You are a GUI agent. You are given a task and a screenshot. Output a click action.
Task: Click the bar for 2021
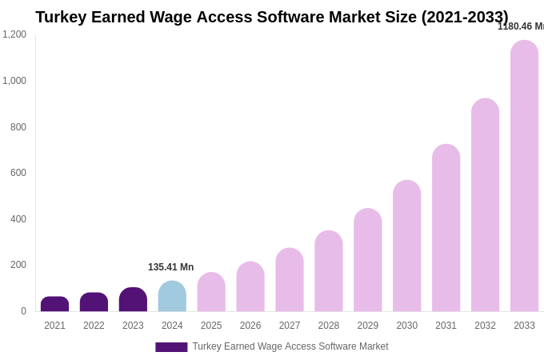(x=54, y=304)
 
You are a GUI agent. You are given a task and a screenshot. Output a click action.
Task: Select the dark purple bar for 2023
(x=133, y=299)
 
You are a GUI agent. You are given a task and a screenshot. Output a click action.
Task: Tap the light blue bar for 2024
(x=172, y=296)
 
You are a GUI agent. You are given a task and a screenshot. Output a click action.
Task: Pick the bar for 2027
(x=290, y=280)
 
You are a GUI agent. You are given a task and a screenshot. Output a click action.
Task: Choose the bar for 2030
(x=406, y=246)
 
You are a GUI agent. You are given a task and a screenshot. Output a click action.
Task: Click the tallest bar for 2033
(x=524, y=176)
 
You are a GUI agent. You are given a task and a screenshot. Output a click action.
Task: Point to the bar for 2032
(x=485, y=205)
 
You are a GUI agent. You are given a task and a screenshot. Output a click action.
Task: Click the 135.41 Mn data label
(x=170, y=267)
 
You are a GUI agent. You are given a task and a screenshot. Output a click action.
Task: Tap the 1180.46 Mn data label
(x=520, y=26)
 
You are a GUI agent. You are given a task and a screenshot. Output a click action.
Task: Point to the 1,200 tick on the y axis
(x=14, y=34)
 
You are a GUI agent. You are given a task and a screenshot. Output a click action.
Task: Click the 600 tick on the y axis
(x=18, y=173)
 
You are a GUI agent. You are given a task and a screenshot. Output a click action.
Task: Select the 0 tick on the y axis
(x=23, y=311)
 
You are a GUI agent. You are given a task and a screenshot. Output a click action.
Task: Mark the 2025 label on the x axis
(x=211, y=326)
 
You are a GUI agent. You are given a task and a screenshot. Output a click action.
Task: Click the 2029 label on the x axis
(x=368, y=326)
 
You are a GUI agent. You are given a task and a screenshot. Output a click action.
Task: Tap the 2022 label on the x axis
(x=94, y=326)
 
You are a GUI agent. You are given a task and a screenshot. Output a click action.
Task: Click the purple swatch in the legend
(x=171, y=347)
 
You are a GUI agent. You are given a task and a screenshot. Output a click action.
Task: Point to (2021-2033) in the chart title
(x=465, y=17)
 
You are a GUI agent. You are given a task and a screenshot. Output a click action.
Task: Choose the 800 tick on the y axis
(x=18, y=127)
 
